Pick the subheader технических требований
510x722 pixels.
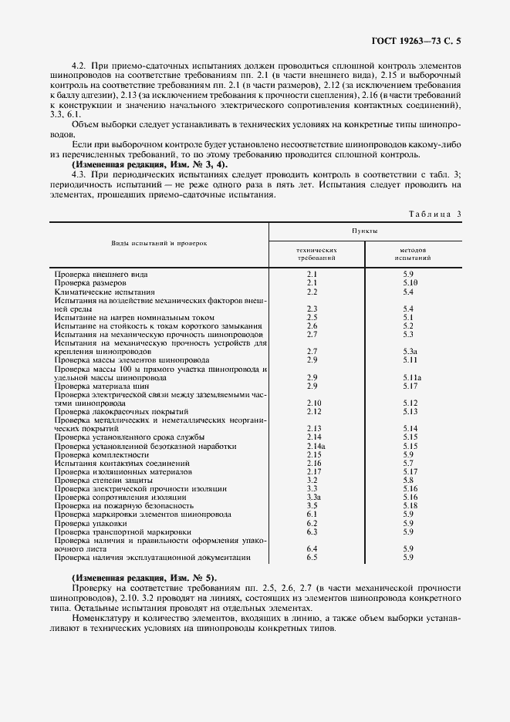click(316, 255)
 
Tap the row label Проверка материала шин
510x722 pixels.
click(103, 386)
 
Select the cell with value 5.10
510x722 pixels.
click(410, 283)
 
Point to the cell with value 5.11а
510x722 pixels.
click(411, 376)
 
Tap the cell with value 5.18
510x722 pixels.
click(410, 505)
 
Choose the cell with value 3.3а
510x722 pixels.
click(314, 497)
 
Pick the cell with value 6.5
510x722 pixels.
click(312, 556)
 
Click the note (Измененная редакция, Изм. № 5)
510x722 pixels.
click(144, 578)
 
